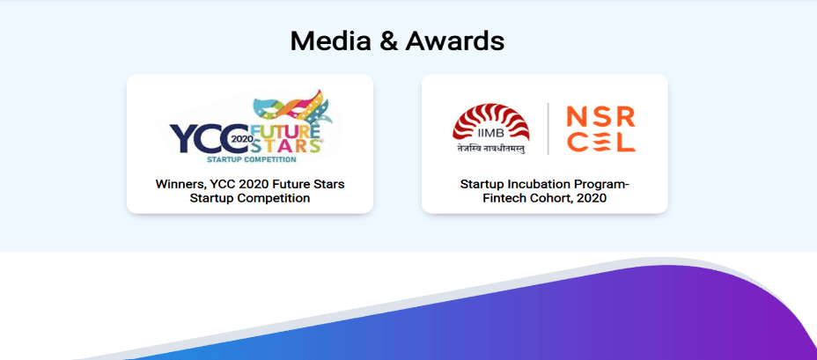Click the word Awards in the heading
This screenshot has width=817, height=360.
click(455, 40)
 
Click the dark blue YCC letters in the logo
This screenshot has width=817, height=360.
click(198, 138)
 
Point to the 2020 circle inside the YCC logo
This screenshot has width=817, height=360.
click(240, 138)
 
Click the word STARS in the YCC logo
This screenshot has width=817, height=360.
click(281, 146)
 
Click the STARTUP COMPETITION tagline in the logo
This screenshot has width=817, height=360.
click(251, 160)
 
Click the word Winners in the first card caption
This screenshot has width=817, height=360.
click(180, 184)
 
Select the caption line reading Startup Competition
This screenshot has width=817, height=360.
click(250, 198)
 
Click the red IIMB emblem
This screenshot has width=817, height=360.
click(479, 123)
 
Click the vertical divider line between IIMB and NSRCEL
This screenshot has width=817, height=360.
click(548, 129)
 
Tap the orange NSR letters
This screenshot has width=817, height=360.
click(600, 115)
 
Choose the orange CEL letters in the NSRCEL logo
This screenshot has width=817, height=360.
click(600, 143)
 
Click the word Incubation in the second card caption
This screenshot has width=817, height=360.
click(536, 184)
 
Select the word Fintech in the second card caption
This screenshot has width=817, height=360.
click(505, 198)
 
